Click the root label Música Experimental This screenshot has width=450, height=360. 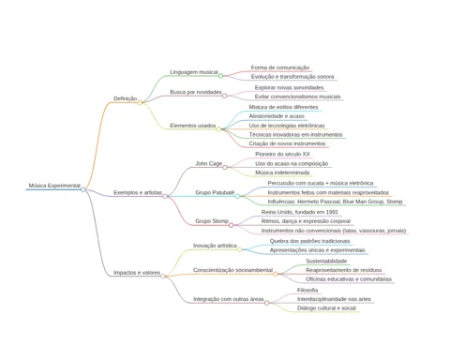pos(54,186)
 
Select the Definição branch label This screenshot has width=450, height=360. pos(125,98)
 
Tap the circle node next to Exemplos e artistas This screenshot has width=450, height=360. pos(165,196)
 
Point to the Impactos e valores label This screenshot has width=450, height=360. pos(137,273)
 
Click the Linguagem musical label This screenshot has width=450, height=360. pos(194,72)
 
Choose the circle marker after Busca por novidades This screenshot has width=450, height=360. pos(224,96)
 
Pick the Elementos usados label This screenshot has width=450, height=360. pos(192,126)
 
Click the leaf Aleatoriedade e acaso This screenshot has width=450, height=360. pos(277,116)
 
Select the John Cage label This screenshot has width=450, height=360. pos(209,163)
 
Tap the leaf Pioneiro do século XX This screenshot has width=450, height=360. pos(282,154)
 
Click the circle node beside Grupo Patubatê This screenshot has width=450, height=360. pos(237,196)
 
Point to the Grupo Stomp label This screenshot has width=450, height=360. pos(212,221)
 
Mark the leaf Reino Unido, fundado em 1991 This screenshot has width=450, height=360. pos(299,212)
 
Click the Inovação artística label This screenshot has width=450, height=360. pos(215,246)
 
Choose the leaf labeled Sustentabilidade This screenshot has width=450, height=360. pos(326,261)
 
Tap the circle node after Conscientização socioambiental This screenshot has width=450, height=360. pos(276,274)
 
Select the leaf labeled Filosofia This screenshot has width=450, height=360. pos(307,290)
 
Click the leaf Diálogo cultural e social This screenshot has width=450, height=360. pos(326,308)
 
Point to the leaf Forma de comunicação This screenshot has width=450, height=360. pos(280,67)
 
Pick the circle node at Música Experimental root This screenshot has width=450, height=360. pos(83,189)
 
